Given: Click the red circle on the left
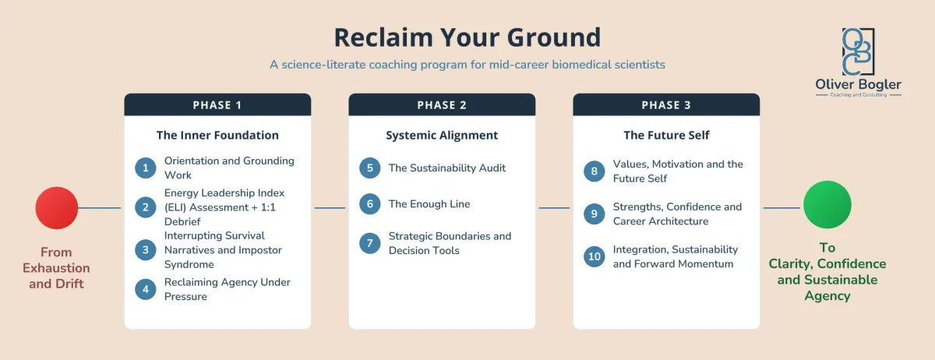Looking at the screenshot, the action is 57,207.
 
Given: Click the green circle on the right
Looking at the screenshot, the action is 827,205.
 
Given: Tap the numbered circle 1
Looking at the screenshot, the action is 145,168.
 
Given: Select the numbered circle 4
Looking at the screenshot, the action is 145,289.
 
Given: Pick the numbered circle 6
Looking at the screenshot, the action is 370,204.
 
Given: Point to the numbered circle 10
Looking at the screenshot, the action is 595,256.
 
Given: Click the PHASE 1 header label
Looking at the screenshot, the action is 217,105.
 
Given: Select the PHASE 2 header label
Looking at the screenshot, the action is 442,105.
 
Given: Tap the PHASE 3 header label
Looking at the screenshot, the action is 666,105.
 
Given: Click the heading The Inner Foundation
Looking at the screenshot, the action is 217,136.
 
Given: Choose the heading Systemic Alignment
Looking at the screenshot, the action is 442,136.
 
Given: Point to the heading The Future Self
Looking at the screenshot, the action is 667,136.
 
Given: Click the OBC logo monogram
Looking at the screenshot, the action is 858,51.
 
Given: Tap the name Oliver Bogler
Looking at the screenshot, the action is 858,84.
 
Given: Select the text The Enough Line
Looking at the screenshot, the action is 429,204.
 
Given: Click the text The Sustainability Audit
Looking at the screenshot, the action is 447,168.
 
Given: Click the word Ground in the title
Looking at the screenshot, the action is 554,37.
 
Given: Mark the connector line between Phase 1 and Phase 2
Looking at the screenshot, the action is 330,207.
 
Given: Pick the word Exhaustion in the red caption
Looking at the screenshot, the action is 56,268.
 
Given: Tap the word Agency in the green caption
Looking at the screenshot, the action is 827,295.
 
